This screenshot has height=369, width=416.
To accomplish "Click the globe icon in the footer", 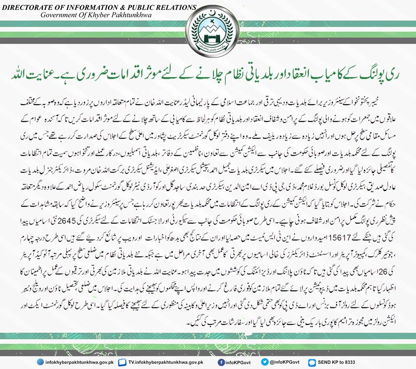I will tap(40, 362).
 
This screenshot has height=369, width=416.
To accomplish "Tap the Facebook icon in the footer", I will tap(221, 362).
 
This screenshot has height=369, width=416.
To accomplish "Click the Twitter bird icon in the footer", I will tap(263, 362).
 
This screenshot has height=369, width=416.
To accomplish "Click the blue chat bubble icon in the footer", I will tap(312, 362).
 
